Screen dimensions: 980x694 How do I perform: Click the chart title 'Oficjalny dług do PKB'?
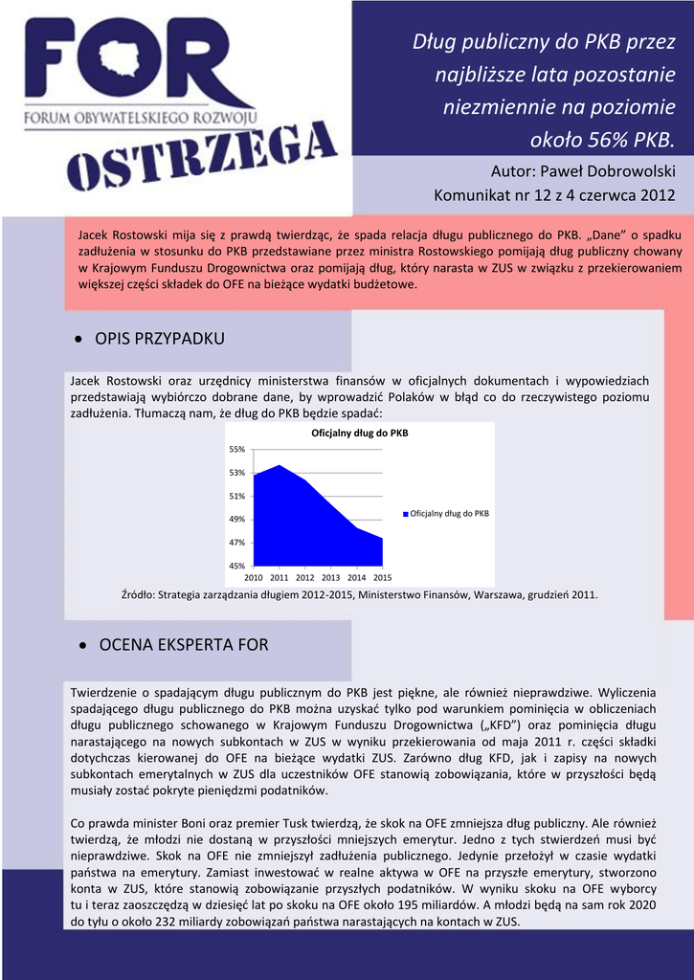(360, 434)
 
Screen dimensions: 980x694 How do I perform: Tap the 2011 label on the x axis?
(280, 578)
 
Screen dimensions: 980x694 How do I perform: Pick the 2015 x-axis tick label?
(382, 578)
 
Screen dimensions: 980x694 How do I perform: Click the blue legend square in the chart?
(405, 514)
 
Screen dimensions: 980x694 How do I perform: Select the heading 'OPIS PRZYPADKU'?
(160, 340)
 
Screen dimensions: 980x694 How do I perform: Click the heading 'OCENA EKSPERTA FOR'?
(182, 646)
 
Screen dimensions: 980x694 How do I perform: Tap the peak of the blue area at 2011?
(280, 465)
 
